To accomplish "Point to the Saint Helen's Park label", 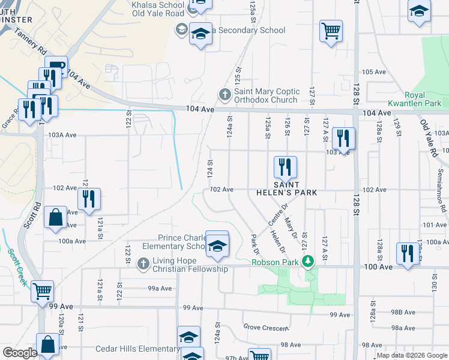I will click(286, 188).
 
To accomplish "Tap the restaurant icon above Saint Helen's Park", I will click(285, 167).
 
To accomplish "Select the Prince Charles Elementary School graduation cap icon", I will click(217, 245).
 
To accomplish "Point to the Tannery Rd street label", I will click(31, 43).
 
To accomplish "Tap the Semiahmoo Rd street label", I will click(444, 198).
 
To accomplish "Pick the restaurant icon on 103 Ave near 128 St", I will click(343, 138).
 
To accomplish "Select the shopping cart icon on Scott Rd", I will click(43, 292).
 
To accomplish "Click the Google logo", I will click(20, 353).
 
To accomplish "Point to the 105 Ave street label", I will click(373, 72).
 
